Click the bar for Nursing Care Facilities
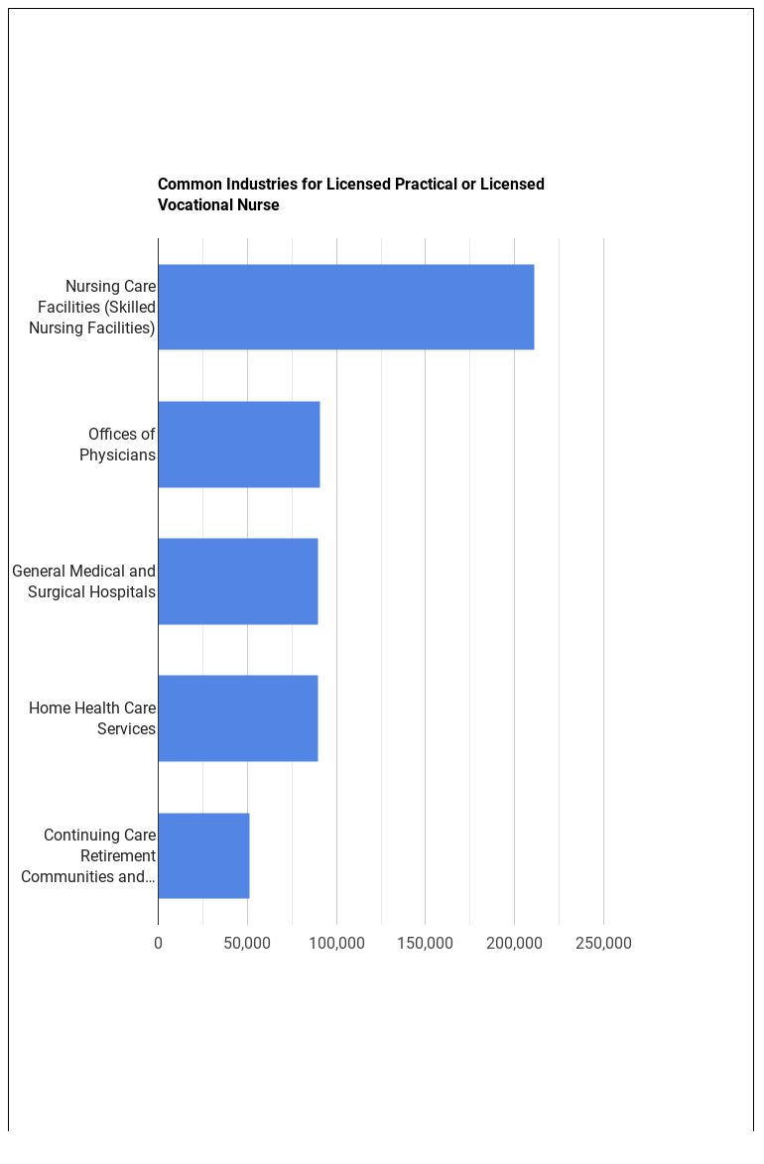(x=345, y=307)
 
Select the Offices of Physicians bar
(x=238, y=444)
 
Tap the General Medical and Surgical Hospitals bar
(x=237, y=581)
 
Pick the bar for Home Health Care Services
(x=237, y=717)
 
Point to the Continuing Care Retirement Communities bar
(x=203, y=855)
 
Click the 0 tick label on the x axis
(x=158, y=943)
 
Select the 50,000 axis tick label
(x=247, y=943)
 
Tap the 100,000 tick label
(x=336, y=943)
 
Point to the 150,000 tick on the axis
(x=425, y=943)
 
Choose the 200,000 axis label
(x=514, y=943)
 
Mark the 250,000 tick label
(x=603, y=943)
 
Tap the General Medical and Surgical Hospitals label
(x=84, y=581)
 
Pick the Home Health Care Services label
(x=92, y=717)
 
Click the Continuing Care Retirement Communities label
(x=89, y=855)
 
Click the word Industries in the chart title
(x=262, y=184)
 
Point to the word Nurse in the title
(x=259, y=205)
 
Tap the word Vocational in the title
(x=194, y=205)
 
